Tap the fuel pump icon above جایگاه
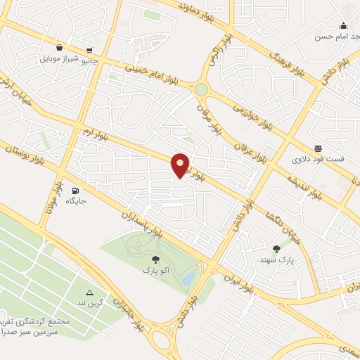click(x=75, y=191)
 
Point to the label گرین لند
click(x=91, y=302)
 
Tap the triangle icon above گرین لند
click(x=89, y=292)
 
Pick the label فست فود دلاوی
click(x=321, y=160)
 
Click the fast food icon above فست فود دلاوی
click(x=319, y=148)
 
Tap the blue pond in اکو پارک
click(x=188, y=279)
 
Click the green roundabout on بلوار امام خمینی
click(x=202, y=90)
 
